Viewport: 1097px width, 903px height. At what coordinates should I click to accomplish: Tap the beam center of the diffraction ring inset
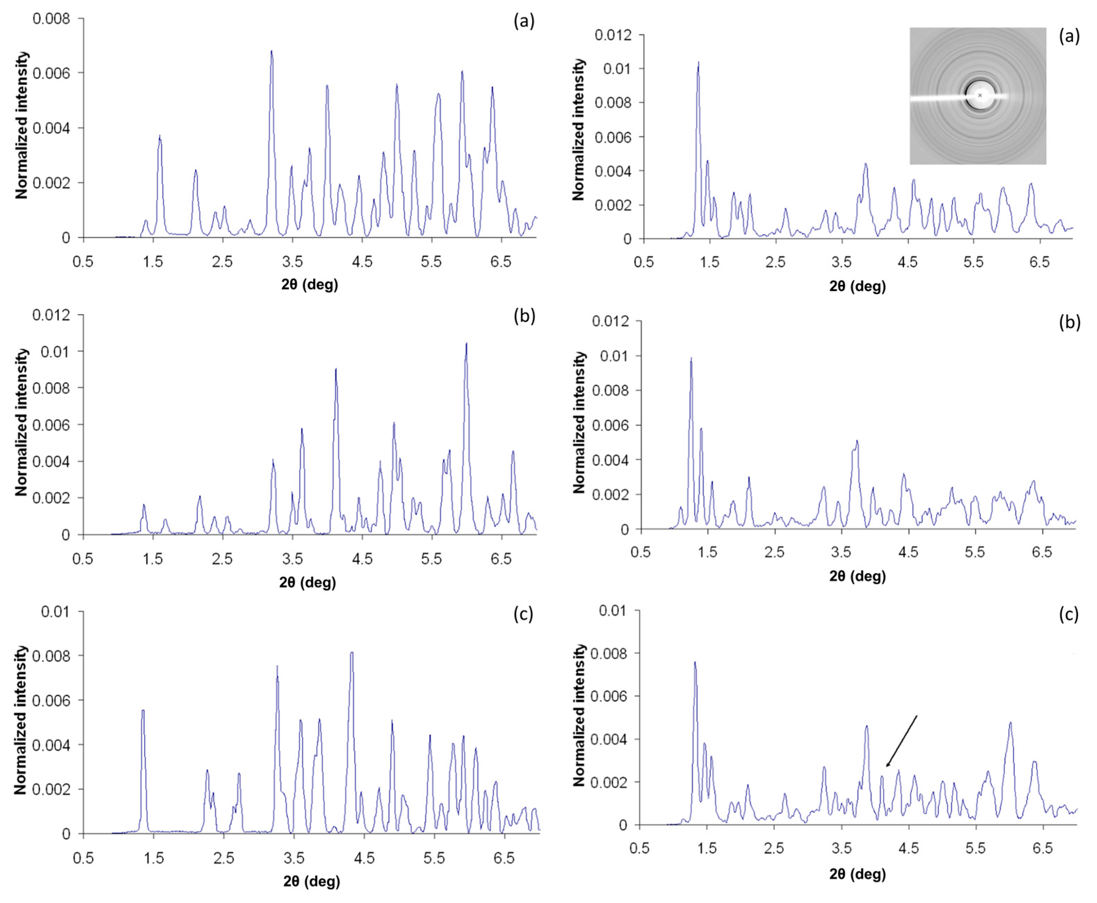(x=980, y=95)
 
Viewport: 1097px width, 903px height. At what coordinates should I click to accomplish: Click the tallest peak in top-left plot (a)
(x=271, y=51)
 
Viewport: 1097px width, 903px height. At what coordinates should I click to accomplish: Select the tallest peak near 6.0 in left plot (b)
(x=466, y=344)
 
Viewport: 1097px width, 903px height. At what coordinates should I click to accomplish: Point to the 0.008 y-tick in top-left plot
(x=51, y=19)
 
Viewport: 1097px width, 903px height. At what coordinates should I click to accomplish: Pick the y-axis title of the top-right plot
(x=579, y=130)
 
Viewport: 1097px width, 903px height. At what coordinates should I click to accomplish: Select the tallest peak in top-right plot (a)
(x=698, y=63)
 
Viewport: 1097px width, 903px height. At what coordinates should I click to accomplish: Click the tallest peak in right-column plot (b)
(x=691, y=359)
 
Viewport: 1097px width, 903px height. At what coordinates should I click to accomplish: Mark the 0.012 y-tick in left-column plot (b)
(x=51, y=315)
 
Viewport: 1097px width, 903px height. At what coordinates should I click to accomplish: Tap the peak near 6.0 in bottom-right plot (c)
(x=1010, y=723)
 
